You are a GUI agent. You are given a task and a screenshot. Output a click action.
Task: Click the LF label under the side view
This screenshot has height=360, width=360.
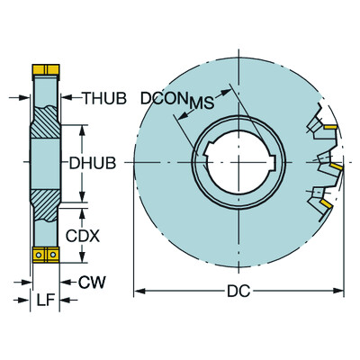41,299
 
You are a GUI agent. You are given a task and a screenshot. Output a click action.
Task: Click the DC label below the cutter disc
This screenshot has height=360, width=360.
238,291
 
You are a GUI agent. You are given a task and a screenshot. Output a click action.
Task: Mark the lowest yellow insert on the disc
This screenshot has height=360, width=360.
325,205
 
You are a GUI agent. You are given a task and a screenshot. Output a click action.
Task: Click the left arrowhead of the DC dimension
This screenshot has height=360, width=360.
139,291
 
